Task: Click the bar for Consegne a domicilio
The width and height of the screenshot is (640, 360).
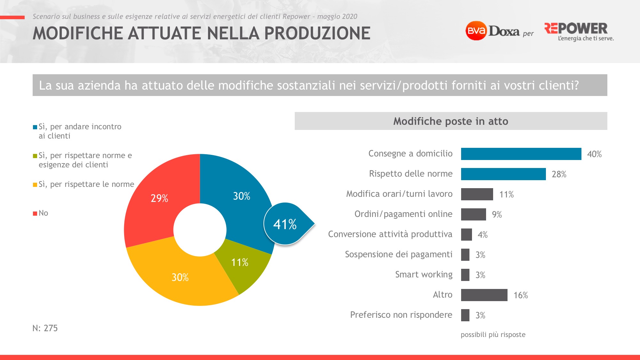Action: (521, 154)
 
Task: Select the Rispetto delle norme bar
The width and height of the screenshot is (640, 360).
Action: (503, 174)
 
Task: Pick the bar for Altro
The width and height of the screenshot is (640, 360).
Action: (484, 295)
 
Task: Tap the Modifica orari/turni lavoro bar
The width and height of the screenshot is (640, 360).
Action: (477, 194)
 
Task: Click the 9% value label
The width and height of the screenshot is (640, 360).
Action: (497, 214)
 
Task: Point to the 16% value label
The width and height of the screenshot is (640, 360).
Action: (521, 295)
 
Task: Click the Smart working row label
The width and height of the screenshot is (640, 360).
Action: (424, 275)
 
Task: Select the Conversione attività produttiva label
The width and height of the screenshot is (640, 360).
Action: (390, 234)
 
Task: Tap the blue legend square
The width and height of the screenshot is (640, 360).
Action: (35, 127)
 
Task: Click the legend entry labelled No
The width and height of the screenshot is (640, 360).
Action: (43, 213)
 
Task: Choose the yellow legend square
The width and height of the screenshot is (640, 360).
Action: (35, 185)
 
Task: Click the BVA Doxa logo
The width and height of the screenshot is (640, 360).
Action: (493, 31)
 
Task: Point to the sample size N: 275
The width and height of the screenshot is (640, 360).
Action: (45, 328)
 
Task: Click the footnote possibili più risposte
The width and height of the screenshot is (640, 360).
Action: (493, 335)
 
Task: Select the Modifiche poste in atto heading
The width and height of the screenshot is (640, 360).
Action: (451, 121)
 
